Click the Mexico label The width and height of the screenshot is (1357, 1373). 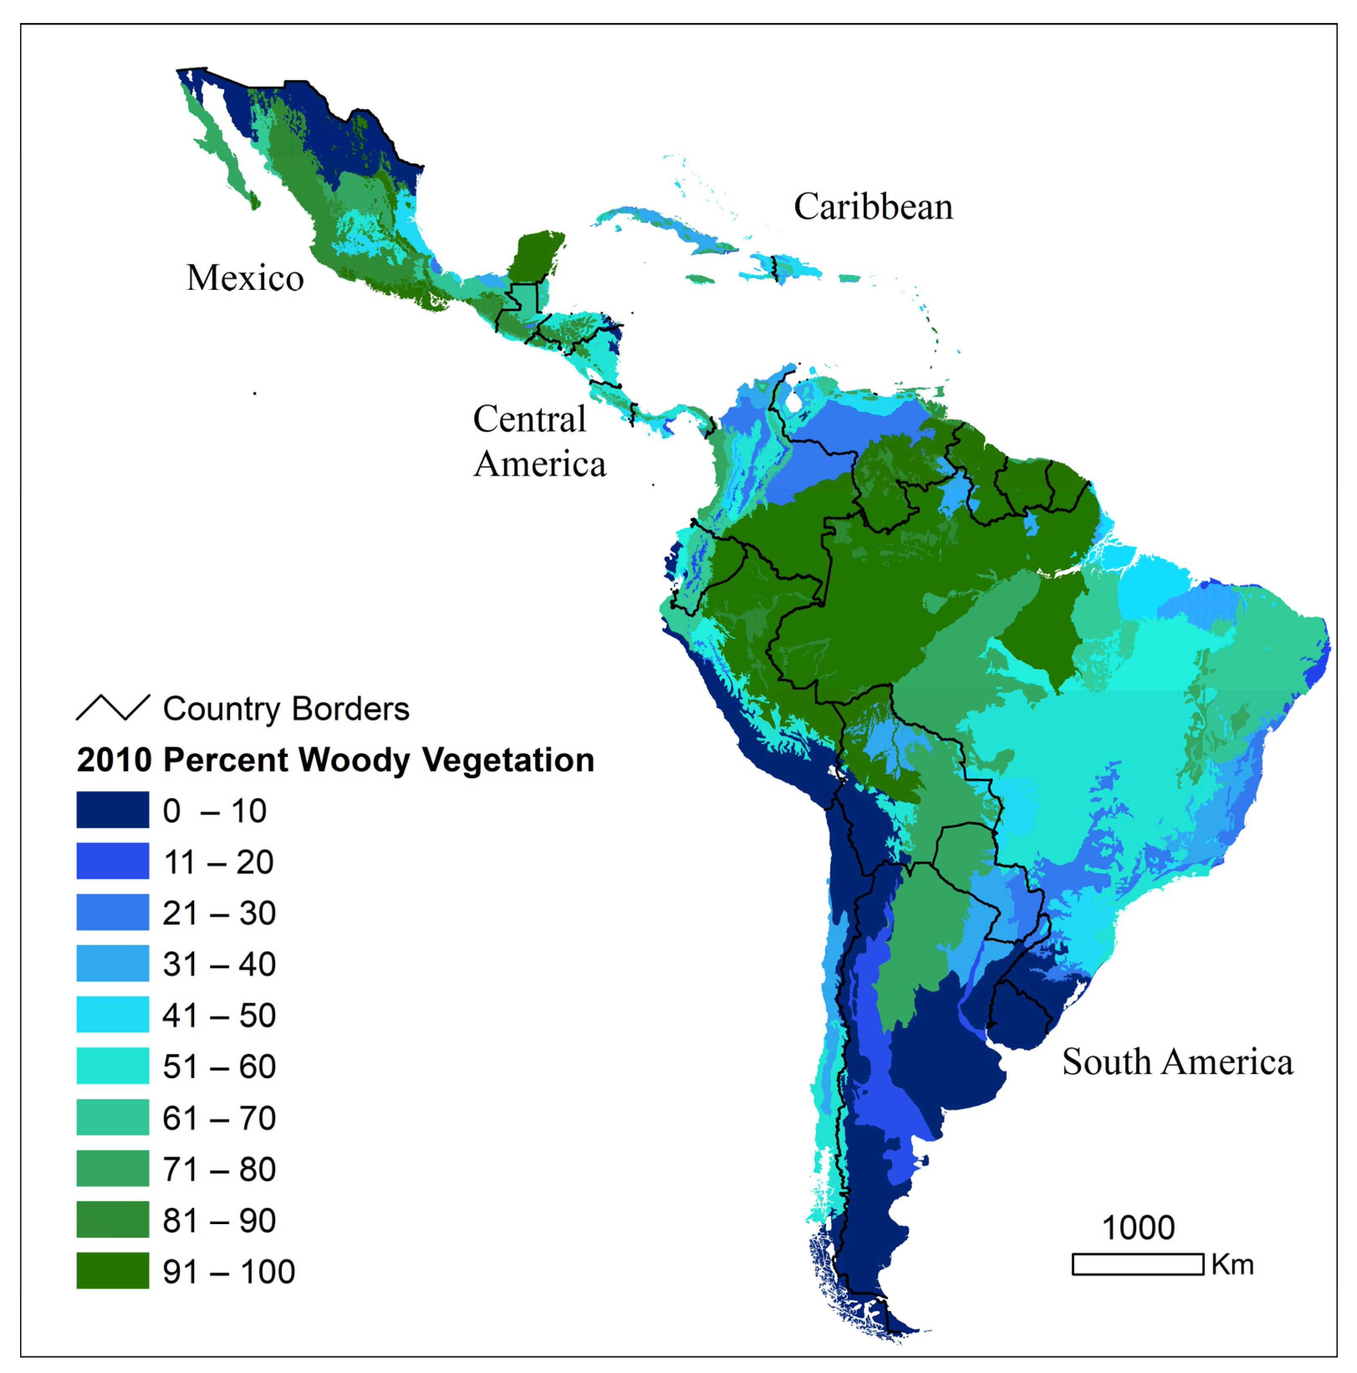[245, 277]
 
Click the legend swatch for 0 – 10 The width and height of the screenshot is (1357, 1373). [112, 809]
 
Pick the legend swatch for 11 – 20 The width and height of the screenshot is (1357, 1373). [112, 861]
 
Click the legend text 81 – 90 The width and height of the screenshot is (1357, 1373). [219, 1220]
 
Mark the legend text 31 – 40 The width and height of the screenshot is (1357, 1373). [219, 964]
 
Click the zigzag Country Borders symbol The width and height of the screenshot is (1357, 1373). [112, 707]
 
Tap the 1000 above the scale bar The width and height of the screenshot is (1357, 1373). [1138, 1227]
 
